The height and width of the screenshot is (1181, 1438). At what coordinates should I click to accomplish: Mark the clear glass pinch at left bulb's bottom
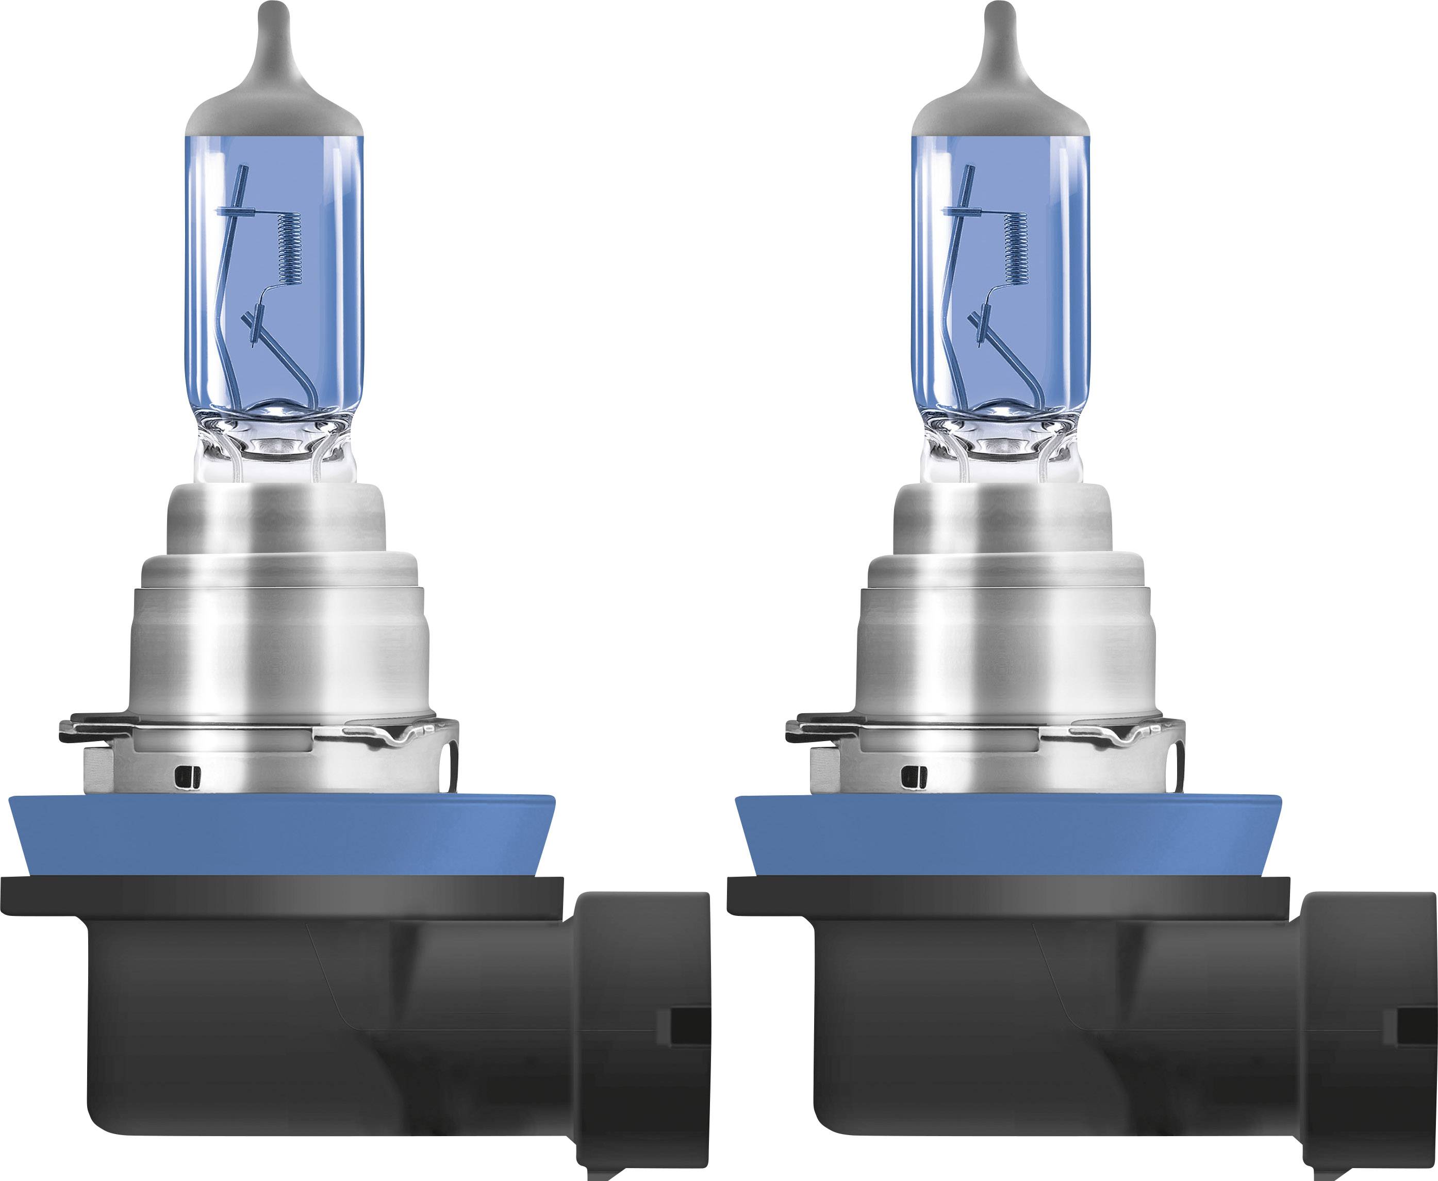point(275,452)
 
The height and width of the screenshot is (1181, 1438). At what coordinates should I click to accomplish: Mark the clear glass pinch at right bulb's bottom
point(1001,452)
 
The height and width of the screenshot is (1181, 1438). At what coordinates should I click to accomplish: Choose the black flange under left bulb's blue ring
point(282,895)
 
